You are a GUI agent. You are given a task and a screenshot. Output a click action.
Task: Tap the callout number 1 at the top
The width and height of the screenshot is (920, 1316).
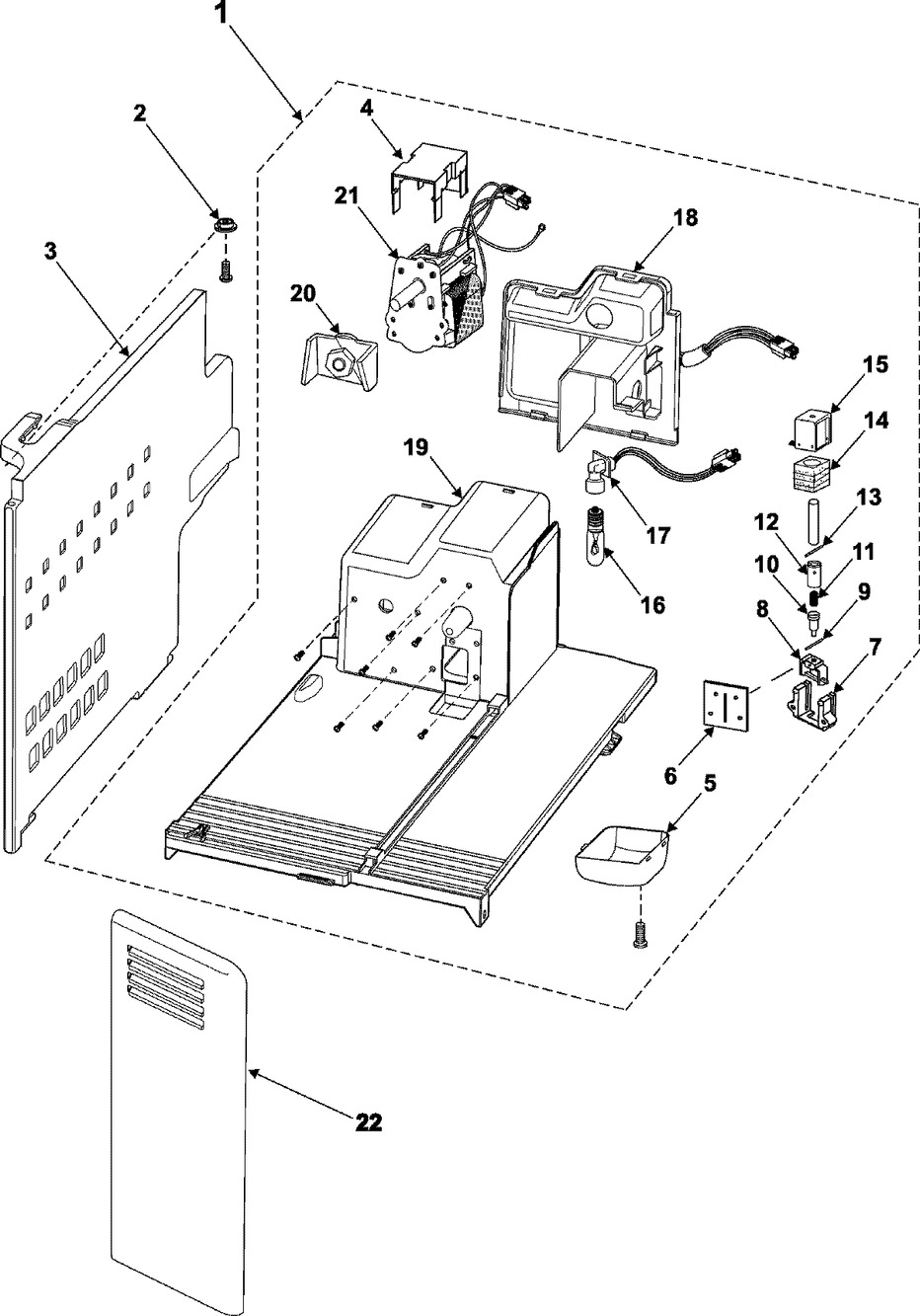pyautogui.click(x=223, y=16)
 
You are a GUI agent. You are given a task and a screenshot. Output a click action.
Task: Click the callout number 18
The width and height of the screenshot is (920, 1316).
pyautogui.click(x=685, y=217)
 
